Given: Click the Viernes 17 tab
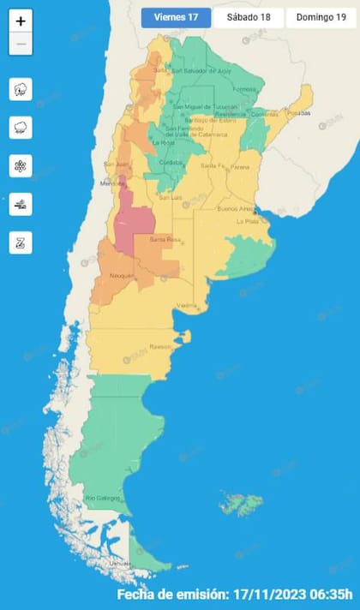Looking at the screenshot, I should [x=176, y=17].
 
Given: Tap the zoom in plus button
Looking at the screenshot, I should [x=21, y=21].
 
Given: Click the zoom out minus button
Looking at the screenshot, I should [x=21, y=44].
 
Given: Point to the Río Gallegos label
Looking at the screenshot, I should [x=100, y=498].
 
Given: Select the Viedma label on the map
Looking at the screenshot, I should [x=188, y=306].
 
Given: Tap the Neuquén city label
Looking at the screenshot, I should [x=123, y=275].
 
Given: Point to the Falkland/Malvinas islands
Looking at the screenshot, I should [x=241, y=503].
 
